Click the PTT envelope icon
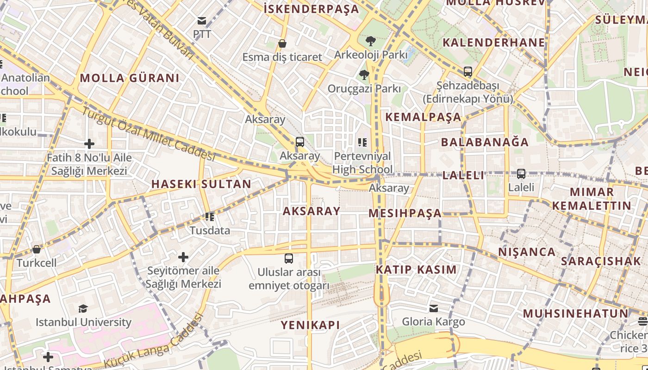(202, 20)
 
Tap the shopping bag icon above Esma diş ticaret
(282, 43)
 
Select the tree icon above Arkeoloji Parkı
(370, 41)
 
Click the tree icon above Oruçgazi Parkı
(364, 74)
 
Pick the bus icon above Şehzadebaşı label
(468, 72)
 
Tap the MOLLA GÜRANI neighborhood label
(130, 78)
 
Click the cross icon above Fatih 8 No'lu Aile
(89, 144)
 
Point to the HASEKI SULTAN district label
(201, 184)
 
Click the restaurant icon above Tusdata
(210, 216)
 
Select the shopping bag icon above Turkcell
(37, 249)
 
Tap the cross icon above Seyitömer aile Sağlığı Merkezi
(183, 257)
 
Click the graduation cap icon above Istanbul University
(83, 308)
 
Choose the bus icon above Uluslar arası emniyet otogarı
(289, 258)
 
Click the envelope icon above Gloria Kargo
(434, 308)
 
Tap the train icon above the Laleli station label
(521, 174)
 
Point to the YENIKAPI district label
(310, 325)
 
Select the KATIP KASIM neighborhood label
(416, 270)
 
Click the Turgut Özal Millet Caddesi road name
(149, 135)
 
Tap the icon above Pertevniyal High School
(362, 142)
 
